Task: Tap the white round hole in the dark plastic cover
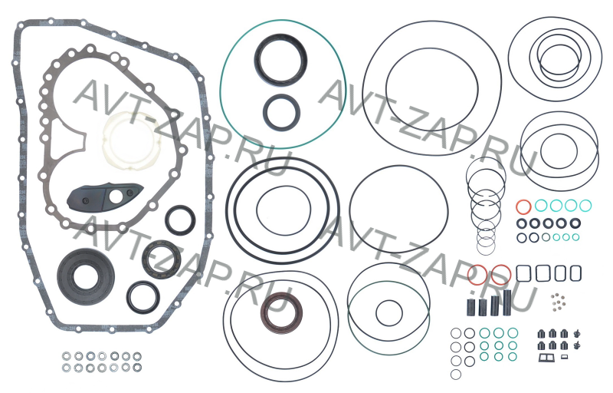point(116,197)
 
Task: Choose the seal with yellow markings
point(146,259)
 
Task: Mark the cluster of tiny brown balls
point(558,302)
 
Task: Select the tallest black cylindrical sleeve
point(507,302)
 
